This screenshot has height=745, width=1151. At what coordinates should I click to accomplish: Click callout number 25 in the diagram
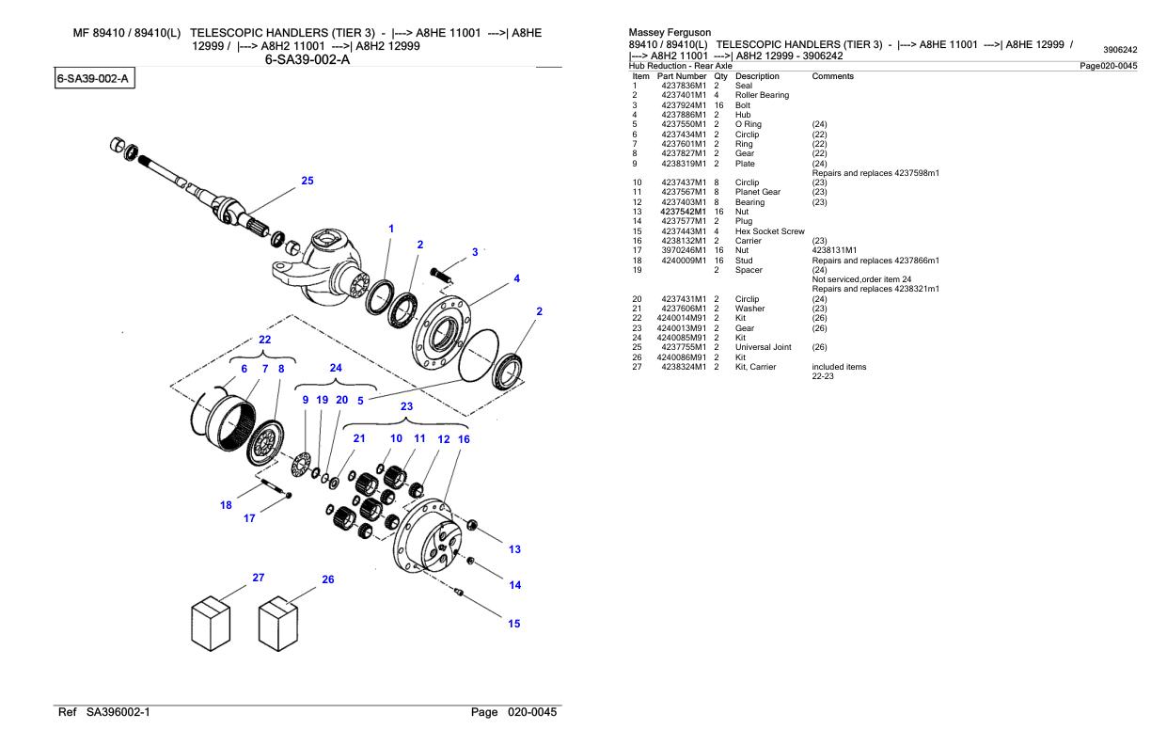(x=307, y=181)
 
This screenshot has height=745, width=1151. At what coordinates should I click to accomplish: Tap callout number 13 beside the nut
(x=514, y=549)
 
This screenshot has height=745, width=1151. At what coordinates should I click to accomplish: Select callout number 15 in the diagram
(x=514, y=623)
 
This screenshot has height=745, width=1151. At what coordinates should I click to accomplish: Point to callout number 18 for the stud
(x=226, y=505)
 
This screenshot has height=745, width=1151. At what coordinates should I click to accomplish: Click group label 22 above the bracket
(x=265, y=340)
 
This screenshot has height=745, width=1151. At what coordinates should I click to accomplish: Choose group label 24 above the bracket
(x=335, y=368)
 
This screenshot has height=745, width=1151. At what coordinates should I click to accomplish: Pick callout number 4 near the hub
(x=516, y=278)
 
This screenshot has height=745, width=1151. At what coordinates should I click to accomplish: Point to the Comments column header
(x=832, y=76)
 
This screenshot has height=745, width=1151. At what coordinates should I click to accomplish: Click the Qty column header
(x=720, y=76)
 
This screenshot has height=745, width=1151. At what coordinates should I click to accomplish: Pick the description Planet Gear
(x=759, y=192)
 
